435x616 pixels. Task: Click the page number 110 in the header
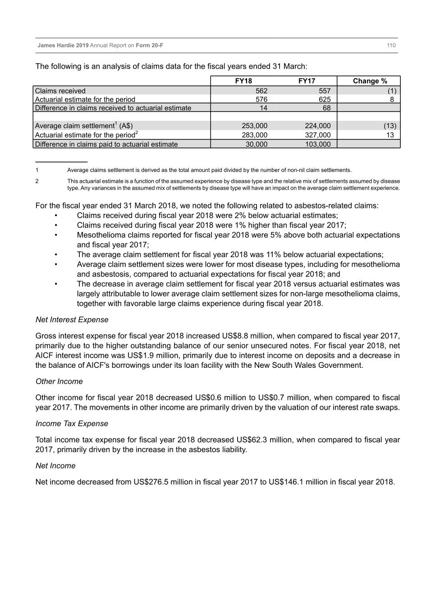pyautogui.click(x=391, y=45)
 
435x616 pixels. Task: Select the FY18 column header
pyautogui.click(x=243, y=81)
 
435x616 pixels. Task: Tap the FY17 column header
pyautogui.click(x=307, y=81)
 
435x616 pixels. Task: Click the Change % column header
pyautogui.click(x=370, y=81)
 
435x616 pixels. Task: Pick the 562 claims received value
pyautogui.click(x=261, y=91)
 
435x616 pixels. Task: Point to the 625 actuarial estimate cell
pyautogui.click(x=324, y=99)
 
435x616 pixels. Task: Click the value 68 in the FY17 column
pyautogui.click(x=326, y=108)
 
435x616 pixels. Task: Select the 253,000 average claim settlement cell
pyautogui.click(x=254, y=126)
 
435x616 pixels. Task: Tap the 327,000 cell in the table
pyautogui.click(x=317, y=135)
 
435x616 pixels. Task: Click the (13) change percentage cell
pyautogui.click(x=390, y=126)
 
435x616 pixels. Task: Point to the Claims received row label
pyautogui.click(x=60, y=91)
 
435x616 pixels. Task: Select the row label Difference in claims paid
pyautogui.click(x=106, y=144)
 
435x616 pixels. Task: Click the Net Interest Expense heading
pyautogui.click(x=72, y=320)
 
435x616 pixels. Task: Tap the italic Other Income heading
pyautogui.click(x=59, y=381)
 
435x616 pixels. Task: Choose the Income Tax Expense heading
pyautogui.click(x=72, y=423)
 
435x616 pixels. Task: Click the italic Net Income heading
pyautogui.click(x=55, y=466)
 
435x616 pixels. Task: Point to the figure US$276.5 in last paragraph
pyautogui.click(x=151, y=482)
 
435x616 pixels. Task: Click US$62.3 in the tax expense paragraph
pyautogui.click(x=253, y=440)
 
